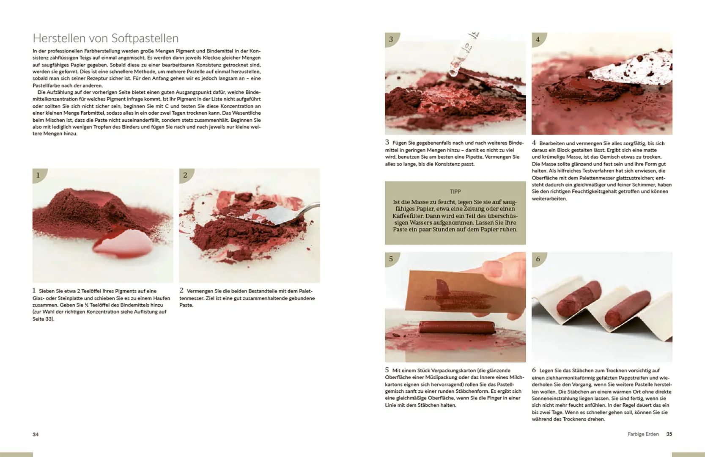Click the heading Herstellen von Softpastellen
105,38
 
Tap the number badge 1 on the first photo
38,175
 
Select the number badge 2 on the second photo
185,175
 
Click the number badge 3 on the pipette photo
391,39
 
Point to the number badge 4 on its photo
538,39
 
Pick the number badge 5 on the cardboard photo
391,259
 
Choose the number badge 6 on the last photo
538,259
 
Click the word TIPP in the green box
455,192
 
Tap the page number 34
36,435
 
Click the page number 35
669,434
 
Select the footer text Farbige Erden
643,434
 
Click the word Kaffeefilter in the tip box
408,216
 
